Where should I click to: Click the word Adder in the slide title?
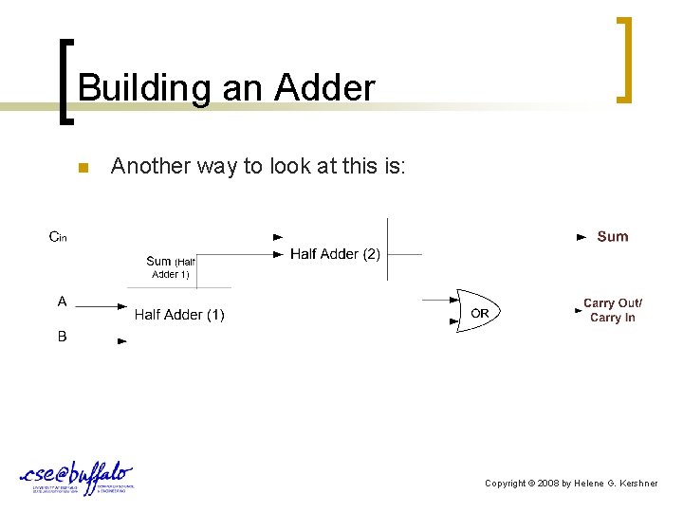point(324,88)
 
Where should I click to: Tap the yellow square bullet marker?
point(82,169)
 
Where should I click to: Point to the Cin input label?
point(59,237)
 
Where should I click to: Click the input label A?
point(62,302)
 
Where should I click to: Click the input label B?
point(62,336)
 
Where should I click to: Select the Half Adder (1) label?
point(179,315)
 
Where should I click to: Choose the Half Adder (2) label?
point(335,254)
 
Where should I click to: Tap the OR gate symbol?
point(478,311)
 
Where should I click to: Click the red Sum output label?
point(612,237)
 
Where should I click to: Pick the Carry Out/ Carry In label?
point(612,310)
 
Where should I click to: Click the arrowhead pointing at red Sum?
point(581,237)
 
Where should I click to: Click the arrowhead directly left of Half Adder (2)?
point(278,254)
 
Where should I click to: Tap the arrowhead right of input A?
point(122,305)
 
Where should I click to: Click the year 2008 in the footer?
point(548,484)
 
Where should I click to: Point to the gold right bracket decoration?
point(624,59)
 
